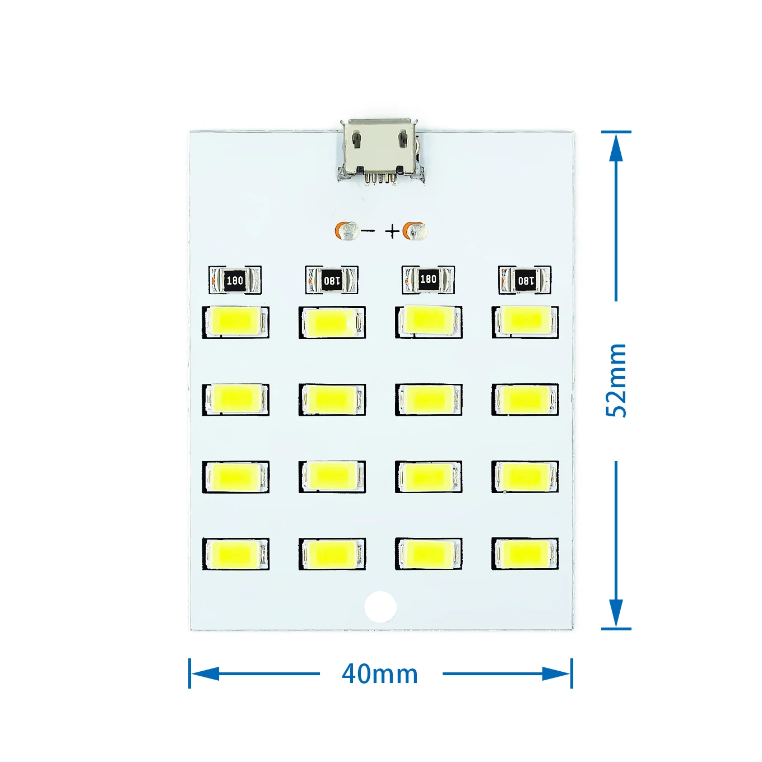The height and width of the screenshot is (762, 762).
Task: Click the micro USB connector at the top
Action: point(381,148)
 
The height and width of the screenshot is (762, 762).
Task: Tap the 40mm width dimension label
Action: point(380,673)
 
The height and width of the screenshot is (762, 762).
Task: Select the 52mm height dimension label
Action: point(616,380)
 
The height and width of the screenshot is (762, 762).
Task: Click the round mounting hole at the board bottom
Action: point(380,606)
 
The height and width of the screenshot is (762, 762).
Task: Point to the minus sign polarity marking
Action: point(368,231)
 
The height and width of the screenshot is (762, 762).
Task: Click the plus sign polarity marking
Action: point(392,231)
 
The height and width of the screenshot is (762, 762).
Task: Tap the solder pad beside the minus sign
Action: point(348,231)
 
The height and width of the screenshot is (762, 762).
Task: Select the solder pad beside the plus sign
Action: point(416,230)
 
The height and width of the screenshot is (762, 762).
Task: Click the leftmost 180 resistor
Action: point(235,280)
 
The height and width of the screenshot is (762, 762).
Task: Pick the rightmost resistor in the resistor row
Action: point(525,280)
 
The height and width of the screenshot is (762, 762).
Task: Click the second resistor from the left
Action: point(332,280)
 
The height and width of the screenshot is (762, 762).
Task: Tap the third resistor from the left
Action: point(428,280)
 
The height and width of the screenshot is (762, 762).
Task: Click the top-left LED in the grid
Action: point(235,322)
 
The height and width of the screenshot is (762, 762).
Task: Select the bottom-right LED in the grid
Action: point(525,554)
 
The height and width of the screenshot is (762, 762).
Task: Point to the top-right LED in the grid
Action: point(525,321)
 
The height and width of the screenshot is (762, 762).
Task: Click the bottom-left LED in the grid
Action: point(235,554)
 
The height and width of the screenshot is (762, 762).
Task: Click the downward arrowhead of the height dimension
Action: point(616,614)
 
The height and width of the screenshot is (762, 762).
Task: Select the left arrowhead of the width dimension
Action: point(205,673)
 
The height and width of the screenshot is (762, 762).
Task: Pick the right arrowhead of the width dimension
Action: point(556,673)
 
